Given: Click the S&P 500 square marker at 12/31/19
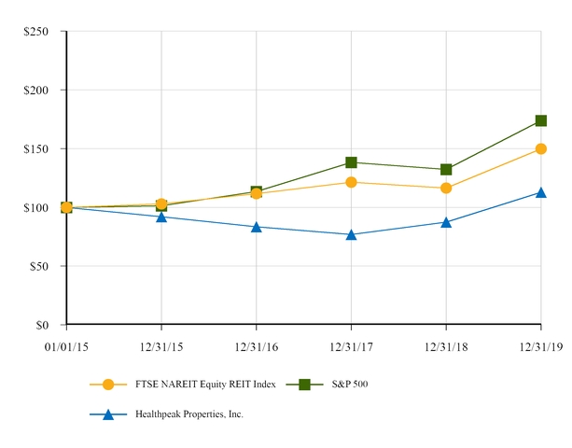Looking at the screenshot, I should click(541, 120).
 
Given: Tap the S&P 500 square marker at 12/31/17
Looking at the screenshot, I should click(351, 162).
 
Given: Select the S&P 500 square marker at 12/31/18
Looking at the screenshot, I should click(446, 169).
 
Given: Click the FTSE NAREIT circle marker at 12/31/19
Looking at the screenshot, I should click(541, 148).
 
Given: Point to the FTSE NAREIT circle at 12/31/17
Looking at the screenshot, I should click(351, 182).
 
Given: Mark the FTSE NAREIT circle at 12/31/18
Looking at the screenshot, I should click(446, 188).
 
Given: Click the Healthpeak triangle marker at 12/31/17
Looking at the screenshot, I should click(351, 234).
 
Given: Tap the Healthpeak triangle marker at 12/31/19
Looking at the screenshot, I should click(541, 192).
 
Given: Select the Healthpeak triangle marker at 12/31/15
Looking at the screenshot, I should click(161, 217).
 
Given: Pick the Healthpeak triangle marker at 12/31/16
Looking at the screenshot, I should click(257, 227).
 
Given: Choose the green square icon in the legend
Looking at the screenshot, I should click(304, 385).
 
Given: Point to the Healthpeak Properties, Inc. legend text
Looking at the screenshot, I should click(189, 413).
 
